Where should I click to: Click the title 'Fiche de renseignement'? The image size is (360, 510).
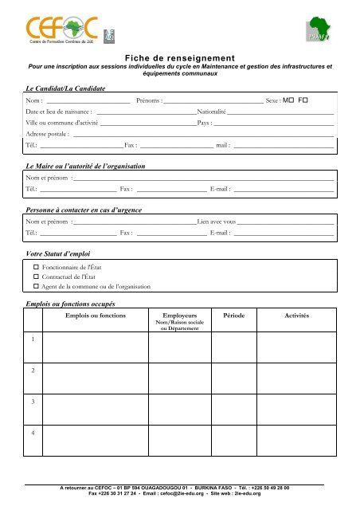[180, 57]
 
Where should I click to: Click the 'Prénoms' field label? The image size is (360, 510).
[150, 102]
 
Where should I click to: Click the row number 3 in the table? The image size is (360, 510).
[33, 402]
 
